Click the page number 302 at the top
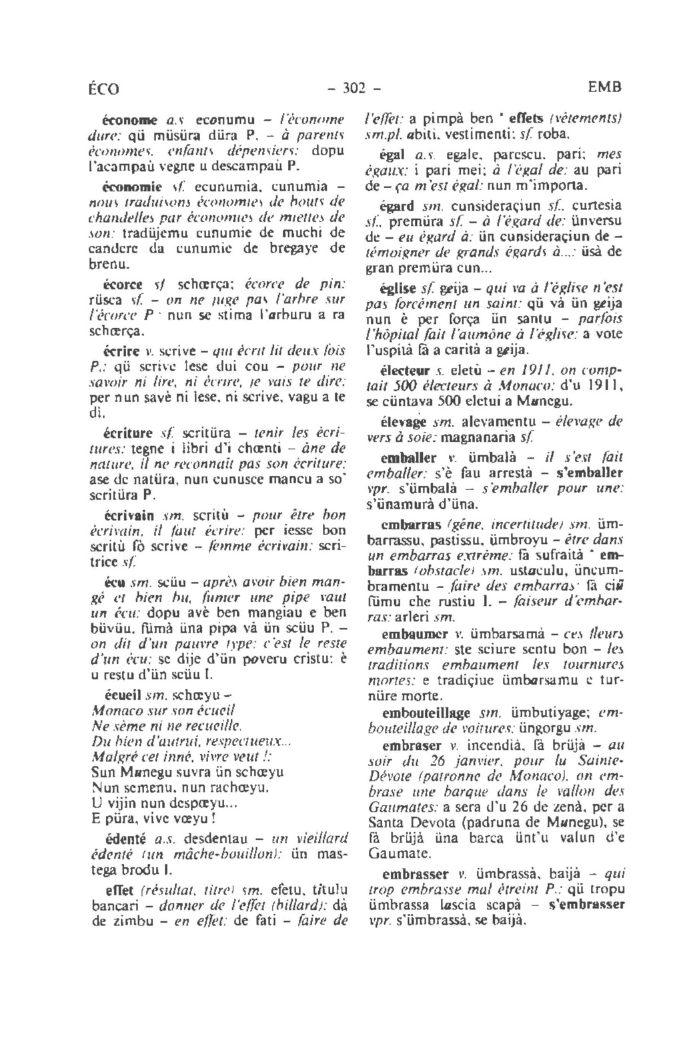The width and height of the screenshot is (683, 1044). click(x=347, y=87)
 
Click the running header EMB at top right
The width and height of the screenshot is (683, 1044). click(x=605, y=87)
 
